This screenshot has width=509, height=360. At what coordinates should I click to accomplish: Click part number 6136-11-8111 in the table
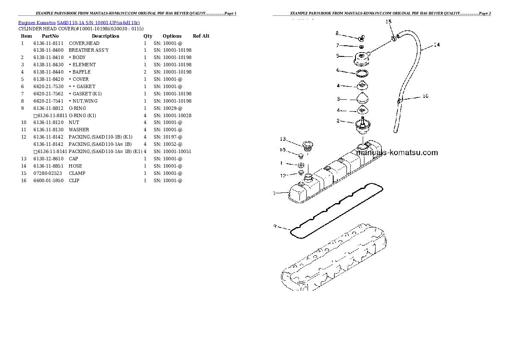[x=48, y=43]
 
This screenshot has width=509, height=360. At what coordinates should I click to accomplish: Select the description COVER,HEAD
[x=84, y=43]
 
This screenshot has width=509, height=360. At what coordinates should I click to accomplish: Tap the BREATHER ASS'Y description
[x=89, y=50]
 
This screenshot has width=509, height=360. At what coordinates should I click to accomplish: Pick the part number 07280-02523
[x=48, y=174]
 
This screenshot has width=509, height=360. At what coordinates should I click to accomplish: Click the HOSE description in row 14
[x=75, y=166]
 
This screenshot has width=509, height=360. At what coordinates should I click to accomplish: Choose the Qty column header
[x=148, y=36]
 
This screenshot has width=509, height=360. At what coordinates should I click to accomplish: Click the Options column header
[x=172, y=36]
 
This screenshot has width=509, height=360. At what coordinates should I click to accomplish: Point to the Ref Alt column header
[x=201, y=36]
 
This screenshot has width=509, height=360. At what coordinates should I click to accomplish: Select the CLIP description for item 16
[x=74, y=181]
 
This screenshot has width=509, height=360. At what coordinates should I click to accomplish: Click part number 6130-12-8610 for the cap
[x=48, y=159]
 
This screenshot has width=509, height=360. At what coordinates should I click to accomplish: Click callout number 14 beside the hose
[x=436, y=44]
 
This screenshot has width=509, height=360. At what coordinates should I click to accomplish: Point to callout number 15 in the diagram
[x=388, y=21]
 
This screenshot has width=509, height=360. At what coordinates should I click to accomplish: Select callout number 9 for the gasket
[x=275, y=225]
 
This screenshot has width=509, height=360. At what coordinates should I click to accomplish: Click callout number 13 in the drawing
[x=283, y=139]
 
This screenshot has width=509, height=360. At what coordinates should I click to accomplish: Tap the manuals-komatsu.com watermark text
[x=397, y=153]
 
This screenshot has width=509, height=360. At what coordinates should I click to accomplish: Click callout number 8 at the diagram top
[x=337, y=33]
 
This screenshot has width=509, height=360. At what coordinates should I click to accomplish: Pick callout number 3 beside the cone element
[x=338, y=99]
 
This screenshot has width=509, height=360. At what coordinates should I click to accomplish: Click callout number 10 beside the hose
[x=425, y=96]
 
